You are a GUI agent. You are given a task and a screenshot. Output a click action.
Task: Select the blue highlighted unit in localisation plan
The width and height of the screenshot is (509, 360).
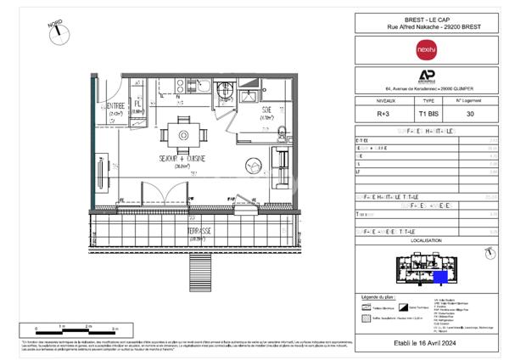point(439,276)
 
